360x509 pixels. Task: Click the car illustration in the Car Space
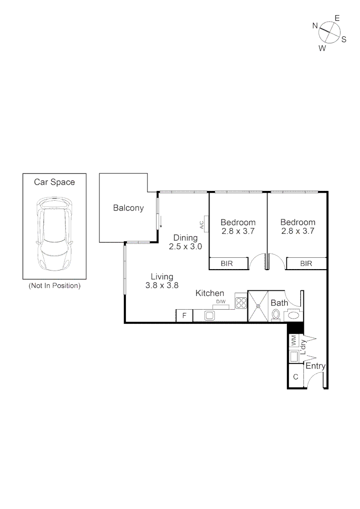[54, 234]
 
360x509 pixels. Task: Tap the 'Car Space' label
[54, 182]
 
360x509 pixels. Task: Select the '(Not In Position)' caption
[54, 286]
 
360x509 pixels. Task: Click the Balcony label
[128, 208]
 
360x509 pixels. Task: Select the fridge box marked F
[184, 316]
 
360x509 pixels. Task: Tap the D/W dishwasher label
[221, 301]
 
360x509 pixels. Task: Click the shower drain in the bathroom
[258, 306]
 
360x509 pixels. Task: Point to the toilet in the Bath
[276, 315]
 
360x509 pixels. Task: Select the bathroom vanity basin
[293, 315]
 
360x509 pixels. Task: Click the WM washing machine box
[293, 340]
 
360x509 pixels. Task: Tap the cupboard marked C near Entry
[295, 377]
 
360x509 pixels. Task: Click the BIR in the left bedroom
[228, 263]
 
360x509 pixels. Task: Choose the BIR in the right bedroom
[306, 263]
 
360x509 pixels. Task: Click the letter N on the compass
[315, 26]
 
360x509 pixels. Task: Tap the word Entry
[315, 366]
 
